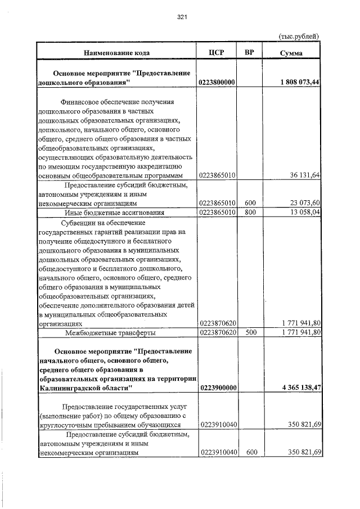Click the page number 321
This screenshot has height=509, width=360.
(181, 17)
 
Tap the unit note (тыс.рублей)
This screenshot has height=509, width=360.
(299, 36)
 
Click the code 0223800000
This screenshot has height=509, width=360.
(217, 83)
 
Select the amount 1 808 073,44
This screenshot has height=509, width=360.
(299, 83)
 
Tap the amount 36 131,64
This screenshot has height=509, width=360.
(305, 175)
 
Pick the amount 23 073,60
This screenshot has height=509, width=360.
(305, 203)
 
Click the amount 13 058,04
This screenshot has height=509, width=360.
(305, 213)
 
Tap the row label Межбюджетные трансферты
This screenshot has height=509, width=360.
(110, 332)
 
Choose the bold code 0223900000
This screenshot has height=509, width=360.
(217, 388)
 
